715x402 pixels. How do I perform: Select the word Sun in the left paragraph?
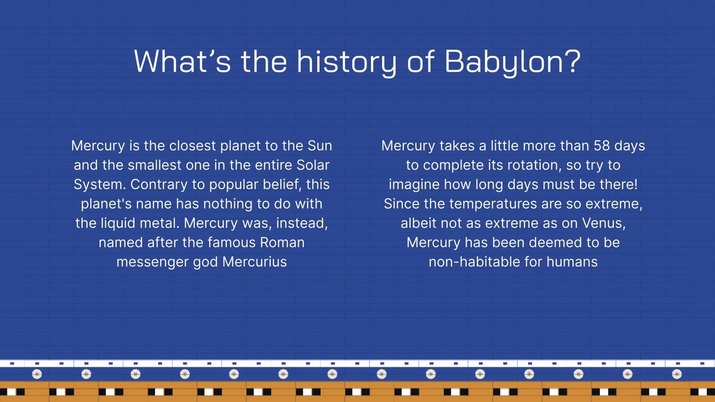tap(320, 146)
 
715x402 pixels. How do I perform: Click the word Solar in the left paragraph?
tap(313, 165)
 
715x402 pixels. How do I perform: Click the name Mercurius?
tap(254, 262)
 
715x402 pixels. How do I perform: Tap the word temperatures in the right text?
tap(493, 204)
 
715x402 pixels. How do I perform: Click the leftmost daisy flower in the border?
tap(37, 374)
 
